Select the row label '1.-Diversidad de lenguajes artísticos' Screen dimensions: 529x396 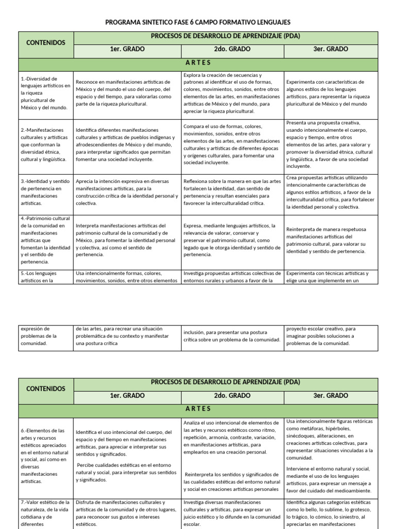click(x=46, y=92)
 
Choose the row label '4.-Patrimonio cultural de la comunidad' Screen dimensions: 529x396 click(x=46, y=240)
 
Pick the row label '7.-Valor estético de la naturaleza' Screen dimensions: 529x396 click(x=46, y=512)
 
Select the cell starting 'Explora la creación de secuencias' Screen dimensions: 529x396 click(x=232, y=93)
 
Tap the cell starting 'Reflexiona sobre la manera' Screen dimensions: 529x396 click(x=232, y=192)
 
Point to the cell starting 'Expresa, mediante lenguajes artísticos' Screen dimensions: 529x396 click(x=232, y=240)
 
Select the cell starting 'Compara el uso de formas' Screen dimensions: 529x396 click(x=232, y=145)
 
